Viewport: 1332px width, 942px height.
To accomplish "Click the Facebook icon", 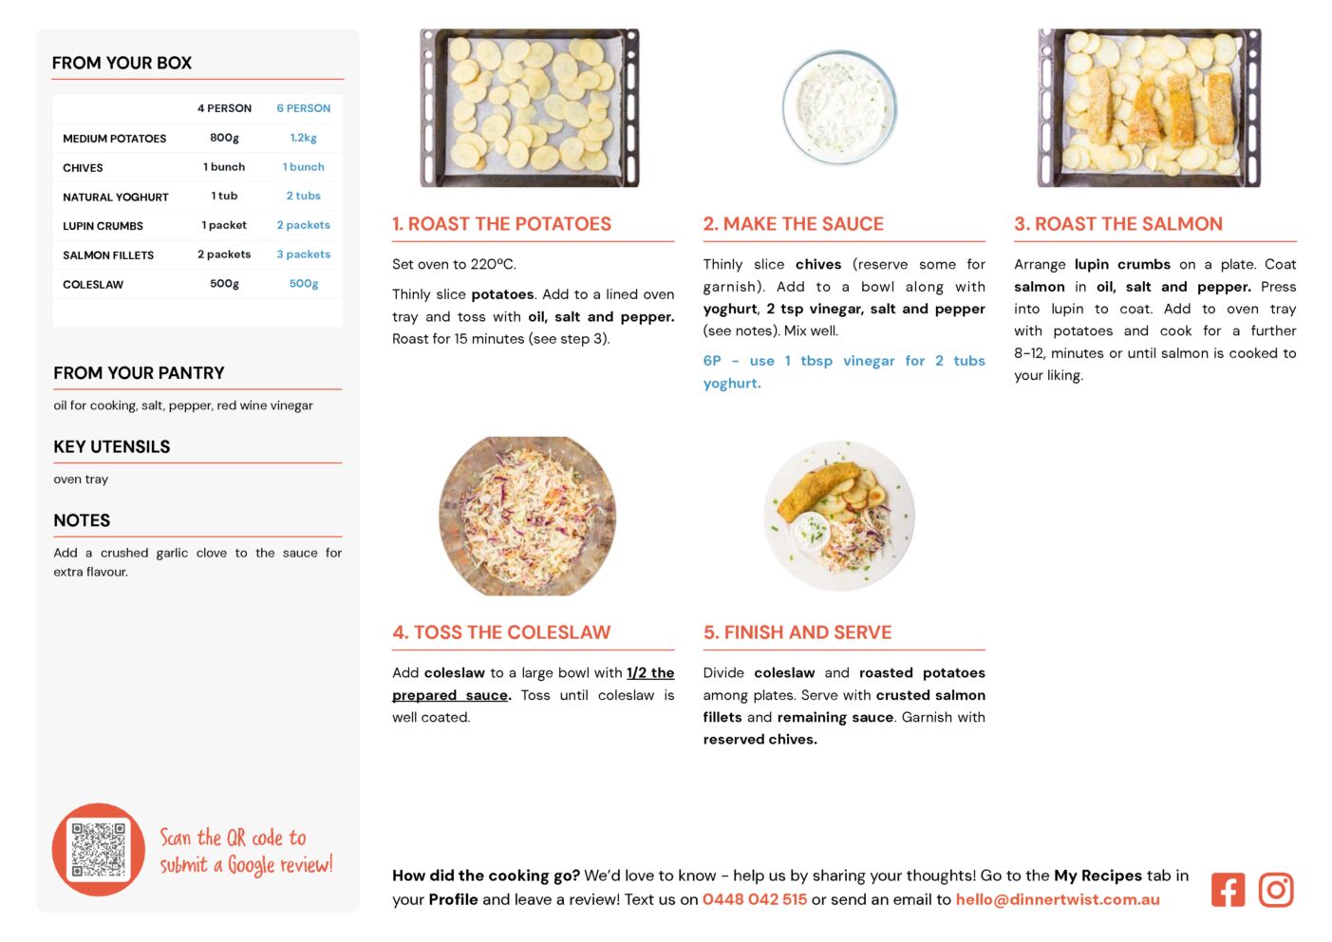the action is point(1228,890).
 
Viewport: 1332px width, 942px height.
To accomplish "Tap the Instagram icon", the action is point(1276,890).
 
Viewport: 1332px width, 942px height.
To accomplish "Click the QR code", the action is point(99,850).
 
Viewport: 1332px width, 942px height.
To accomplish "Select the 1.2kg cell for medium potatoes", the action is point(303,138).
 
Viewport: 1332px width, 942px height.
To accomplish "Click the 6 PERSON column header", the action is point(303,108).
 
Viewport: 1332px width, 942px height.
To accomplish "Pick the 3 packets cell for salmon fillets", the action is point(303,254).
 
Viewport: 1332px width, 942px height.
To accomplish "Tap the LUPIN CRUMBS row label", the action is point(103,226).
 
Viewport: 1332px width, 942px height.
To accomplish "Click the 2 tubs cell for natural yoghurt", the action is point(303,196).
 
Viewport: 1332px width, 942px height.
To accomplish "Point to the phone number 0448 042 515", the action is point(755,899).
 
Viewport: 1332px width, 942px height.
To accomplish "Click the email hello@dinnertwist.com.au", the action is point(1058,899).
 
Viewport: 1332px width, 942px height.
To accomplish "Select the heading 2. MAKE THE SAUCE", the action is point(794,223).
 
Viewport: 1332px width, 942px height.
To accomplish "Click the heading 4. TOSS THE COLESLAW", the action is point(501,632).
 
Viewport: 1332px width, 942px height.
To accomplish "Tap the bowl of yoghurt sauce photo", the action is point(839,107).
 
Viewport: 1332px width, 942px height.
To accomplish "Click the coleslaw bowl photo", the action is point(528,517).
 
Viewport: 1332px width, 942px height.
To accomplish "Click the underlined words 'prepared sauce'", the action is point(450,695).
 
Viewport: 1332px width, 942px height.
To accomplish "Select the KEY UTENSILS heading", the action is point(112,446).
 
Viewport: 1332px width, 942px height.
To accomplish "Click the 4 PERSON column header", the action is point(224,108).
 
